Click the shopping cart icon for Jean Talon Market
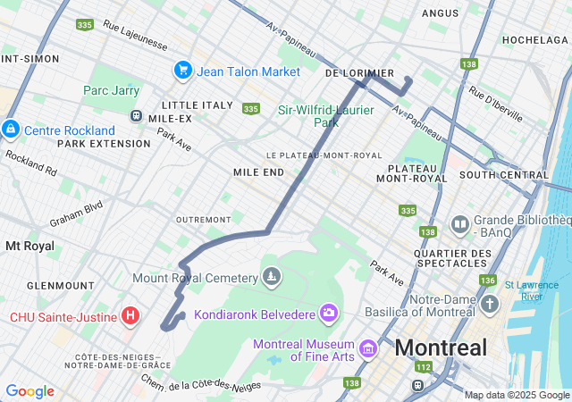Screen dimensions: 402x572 [x=182, y=70]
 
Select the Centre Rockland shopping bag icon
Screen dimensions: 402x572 [x=10, y=130]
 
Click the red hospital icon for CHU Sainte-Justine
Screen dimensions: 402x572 [x=130, y=315]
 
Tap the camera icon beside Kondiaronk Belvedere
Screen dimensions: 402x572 [x=329, y=312]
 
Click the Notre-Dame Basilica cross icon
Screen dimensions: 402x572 [x=489, y=305]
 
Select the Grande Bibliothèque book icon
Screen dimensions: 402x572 [x=460, y=223]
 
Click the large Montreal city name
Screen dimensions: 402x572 [x=441, y=348]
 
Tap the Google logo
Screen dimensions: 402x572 [x=29, y=391]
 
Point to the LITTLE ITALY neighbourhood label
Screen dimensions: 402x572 [x=198, y=105]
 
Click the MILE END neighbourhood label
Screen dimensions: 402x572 [x=258, y=172]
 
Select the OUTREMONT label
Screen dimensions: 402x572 [x=203, y=219]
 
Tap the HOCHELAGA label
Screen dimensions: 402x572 [x=535, y=40]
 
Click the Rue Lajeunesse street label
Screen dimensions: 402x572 [x=137, y=32]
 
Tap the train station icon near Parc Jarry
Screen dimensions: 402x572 [x=136, y=115]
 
